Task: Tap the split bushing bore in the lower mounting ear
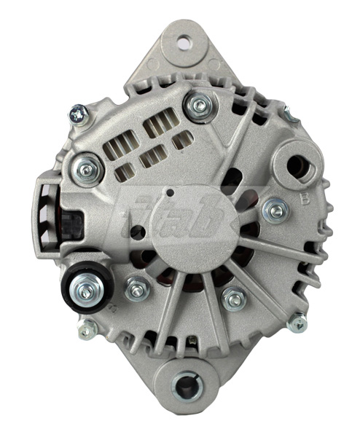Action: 187,384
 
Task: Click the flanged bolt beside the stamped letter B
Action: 275,210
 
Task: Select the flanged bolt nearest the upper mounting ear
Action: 197,106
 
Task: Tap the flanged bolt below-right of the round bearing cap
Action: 232,298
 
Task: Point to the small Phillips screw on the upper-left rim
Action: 77,112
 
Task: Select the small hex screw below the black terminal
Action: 87,328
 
